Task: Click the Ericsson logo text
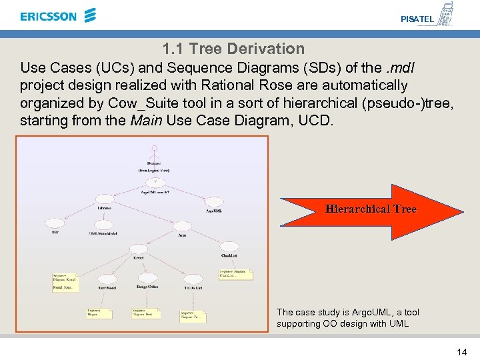tap(48, 16)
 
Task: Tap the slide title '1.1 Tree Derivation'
tap(233, 49)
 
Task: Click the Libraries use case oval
tap(104, 199)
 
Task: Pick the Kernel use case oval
tap(139, 247)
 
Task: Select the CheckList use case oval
tap(230, 246)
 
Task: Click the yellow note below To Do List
tap(193, 315)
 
